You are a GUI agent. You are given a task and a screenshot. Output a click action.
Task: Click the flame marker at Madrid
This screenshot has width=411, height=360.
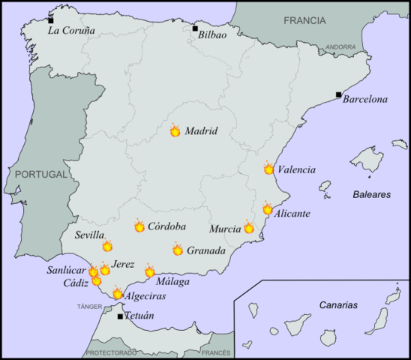coord(175,131)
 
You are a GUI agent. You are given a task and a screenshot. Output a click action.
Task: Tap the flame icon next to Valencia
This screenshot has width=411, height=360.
coord(269,169)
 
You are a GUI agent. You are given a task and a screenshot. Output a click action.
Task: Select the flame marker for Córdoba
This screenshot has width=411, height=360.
coord(139,226)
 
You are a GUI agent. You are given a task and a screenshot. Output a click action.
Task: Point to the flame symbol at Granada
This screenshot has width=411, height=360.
coord(178,250)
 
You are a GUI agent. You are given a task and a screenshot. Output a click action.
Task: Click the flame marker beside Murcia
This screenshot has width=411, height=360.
coord(249,228)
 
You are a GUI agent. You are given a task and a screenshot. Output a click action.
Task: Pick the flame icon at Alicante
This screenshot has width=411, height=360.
coord(268,209)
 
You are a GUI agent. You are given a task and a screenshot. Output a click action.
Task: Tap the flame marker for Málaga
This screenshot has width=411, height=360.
coord(150,271)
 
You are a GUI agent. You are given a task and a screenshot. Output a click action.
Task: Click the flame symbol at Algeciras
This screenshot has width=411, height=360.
coord(118,294)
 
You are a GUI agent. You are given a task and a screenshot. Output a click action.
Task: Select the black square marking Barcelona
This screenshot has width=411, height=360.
coord(339,95)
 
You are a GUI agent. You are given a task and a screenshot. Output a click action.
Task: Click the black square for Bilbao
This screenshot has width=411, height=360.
coord(195,29)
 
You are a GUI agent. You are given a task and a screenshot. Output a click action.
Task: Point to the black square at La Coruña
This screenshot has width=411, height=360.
coord(51,20)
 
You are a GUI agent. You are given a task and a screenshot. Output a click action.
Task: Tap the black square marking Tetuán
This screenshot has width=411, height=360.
coord(121,316)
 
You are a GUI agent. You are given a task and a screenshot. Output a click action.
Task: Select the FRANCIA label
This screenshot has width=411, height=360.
coord(304,20)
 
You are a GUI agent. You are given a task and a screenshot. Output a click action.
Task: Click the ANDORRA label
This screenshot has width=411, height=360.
coord(341,47)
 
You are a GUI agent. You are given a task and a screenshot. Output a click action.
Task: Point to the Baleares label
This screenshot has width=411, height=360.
coord(372,194)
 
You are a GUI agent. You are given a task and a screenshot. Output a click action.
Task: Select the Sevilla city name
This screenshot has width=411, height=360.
coord(90,235)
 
